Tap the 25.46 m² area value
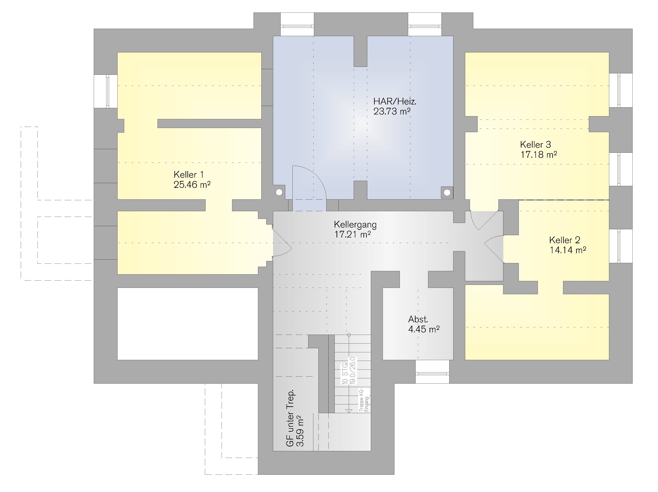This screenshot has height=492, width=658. pos(192,185)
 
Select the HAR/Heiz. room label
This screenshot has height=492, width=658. pos(395,102)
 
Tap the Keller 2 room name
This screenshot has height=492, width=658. pos(565,240)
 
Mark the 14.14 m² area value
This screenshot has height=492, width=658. pos(568,250)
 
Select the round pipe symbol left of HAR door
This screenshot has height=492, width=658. pos(279,192)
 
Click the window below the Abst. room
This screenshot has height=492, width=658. pos(432,373)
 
